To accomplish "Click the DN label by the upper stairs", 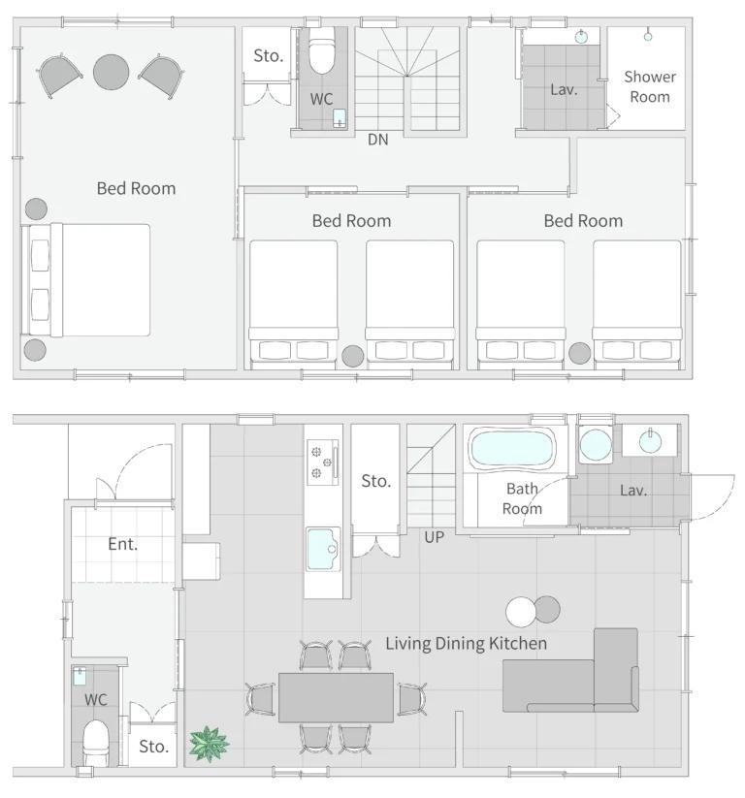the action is (x=378, y=140).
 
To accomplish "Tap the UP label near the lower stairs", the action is (x=434, y=537).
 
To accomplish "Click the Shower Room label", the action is (x=650, y=86).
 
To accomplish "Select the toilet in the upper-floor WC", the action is (x=322, y=49).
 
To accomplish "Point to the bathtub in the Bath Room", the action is (x=512, y=448).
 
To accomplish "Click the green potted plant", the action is (x=209, y=744).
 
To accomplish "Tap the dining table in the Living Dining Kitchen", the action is (x=336, y=697).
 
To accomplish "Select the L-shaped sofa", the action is (x=570, y=671).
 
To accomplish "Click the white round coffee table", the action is (x=520, y=612).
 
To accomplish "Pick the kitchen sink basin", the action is (x=323, y=549).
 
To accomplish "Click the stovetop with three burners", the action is (x=323, y=463).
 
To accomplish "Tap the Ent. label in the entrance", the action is (x=123, y=544).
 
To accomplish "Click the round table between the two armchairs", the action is (x=111, y=73).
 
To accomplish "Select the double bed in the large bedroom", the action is (x=85, y=280).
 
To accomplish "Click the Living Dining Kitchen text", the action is (x=466, y=643).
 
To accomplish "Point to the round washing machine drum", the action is (x=596, y=445).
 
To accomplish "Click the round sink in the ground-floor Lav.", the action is (x=650, y=441).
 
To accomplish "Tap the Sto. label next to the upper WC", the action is (x=269, y=55).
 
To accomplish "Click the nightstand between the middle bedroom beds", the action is (x=352, y=356).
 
